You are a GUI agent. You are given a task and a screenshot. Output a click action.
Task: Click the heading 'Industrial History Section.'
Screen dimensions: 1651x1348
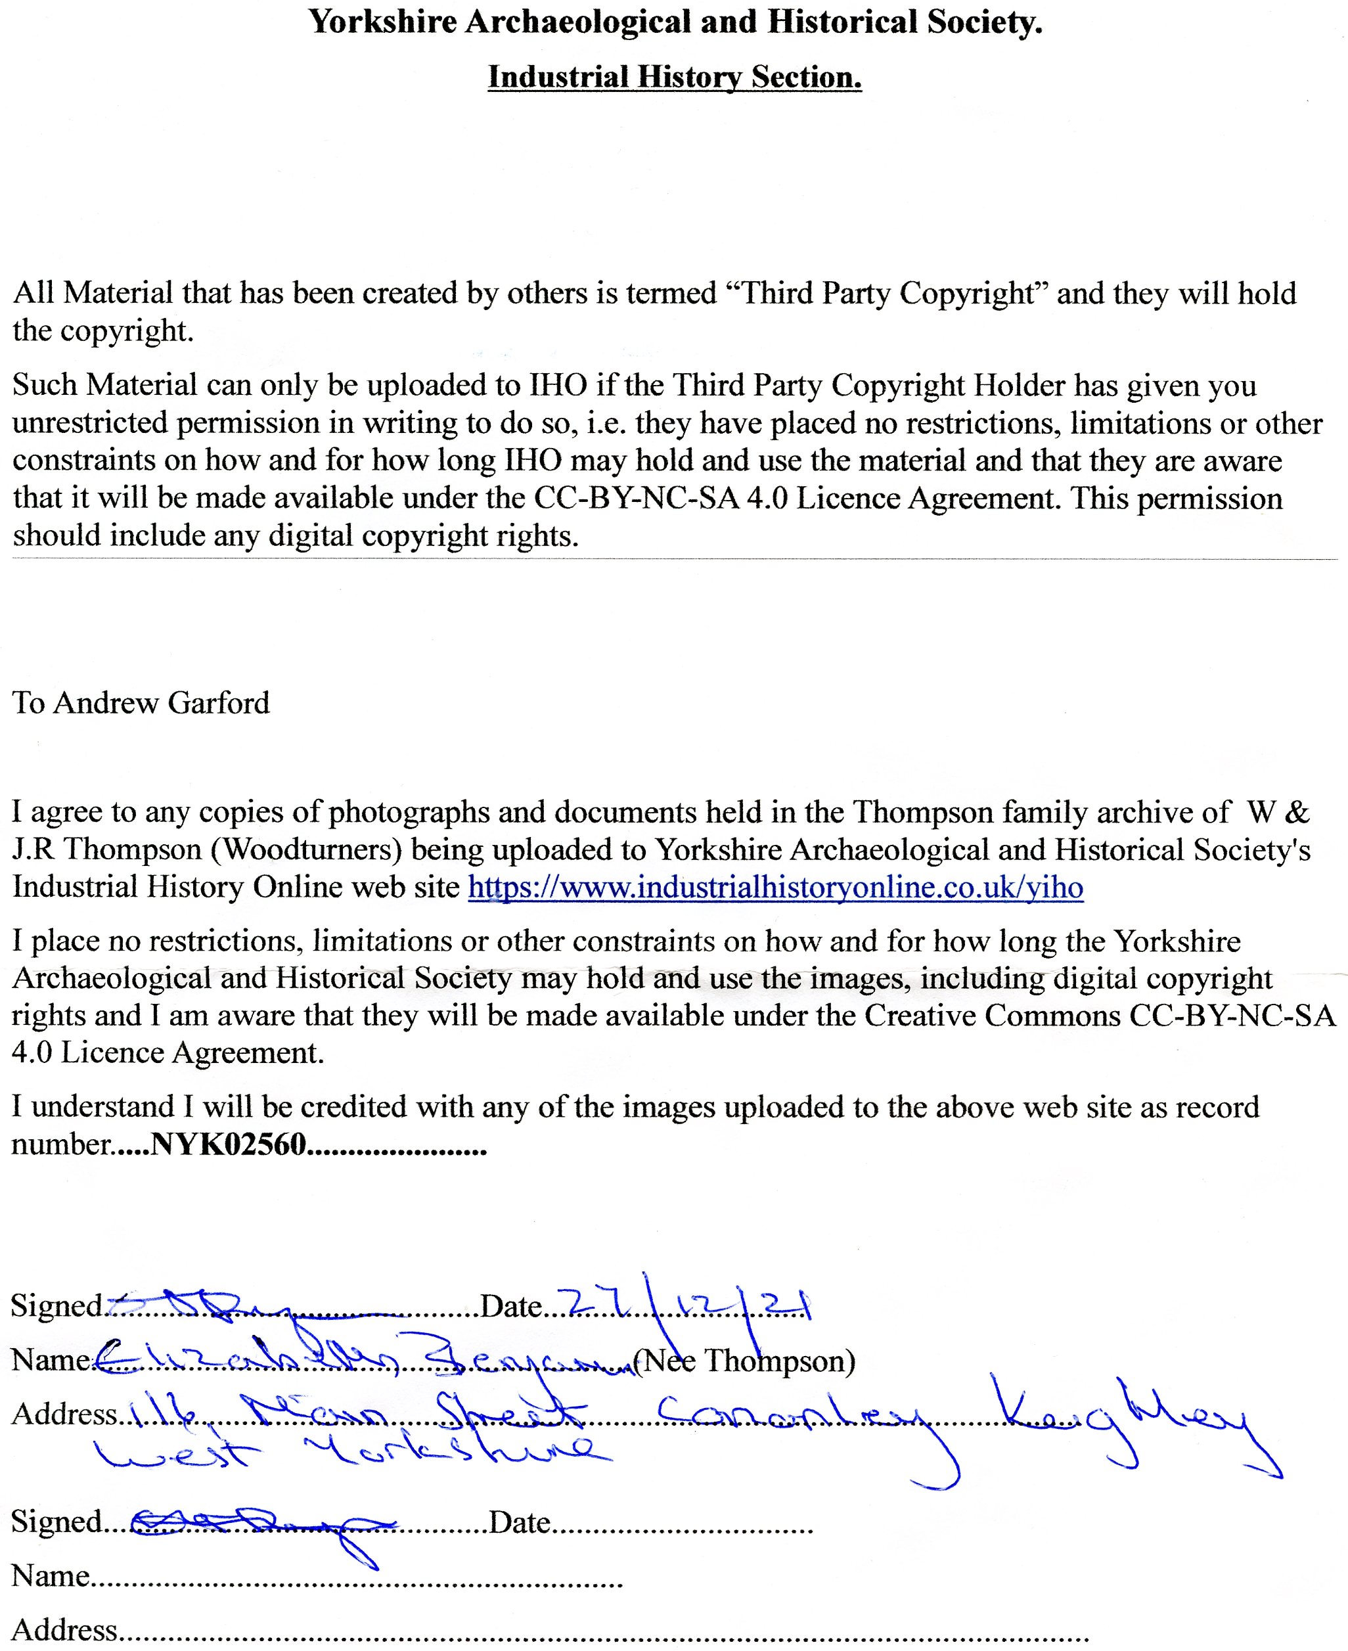pos(674,77)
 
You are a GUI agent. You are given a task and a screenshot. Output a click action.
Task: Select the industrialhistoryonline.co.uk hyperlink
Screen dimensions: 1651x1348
pos(775,887)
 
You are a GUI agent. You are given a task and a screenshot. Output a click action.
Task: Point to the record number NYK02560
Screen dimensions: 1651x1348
pos(229,1144)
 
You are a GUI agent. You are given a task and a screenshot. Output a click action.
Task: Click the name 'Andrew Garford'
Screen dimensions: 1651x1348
pos(162,702)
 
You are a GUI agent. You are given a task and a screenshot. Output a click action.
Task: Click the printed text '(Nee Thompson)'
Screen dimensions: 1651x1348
pos(744,1360)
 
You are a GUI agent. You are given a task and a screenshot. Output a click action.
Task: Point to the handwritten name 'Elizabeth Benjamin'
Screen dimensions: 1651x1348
pos(365,1357)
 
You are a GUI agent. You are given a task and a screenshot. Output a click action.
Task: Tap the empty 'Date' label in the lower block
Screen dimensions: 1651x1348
pos(520,1522)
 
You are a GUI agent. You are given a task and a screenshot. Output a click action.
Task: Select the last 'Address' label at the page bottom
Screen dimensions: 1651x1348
pos(64,1629)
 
